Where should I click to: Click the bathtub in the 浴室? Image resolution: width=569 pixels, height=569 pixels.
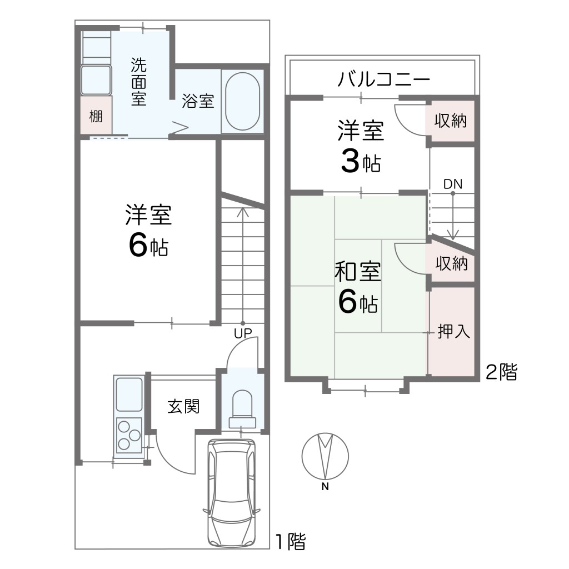point(242,101)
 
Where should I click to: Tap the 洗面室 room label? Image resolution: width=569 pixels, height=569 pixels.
point(138,82)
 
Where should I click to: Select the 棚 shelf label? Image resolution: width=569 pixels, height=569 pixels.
point(96,117)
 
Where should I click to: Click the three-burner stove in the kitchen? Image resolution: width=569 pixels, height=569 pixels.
point(129,434)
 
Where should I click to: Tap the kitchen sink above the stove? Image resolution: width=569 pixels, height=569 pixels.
point(129,394)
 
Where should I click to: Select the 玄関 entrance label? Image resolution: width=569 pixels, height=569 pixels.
point(183,406)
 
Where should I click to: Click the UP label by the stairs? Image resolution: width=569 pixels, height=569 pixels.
point(243,333)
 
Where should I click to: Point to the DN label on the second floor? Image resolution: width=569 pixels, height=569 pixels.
point(453,184)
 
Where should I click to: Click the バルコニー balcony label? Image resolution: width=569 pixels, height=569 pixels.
point(383,79)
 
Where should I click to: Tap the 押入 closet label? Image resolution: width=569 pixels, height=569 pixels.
point(453,331)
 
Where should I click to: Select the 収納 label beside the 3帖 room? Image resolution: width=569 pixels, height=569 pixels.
point(450,121)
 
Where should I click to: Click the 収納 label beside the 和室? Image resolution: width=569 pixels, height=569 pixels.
point(451,263)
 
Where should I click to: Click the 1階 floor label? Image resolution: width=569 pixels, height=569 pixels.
point(290,541)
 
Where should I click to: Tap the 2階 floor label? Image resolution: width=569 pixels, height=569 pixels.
point(501,371)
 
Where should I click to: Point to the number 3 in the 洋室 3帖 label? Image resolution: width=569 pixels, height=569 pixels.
point(350,162)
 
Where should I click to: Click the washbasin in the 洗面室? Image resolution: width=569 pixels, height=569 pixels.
point(96,80)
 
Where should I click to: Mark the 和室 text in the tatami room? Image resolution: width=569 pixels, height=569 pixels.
point(358,272)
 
